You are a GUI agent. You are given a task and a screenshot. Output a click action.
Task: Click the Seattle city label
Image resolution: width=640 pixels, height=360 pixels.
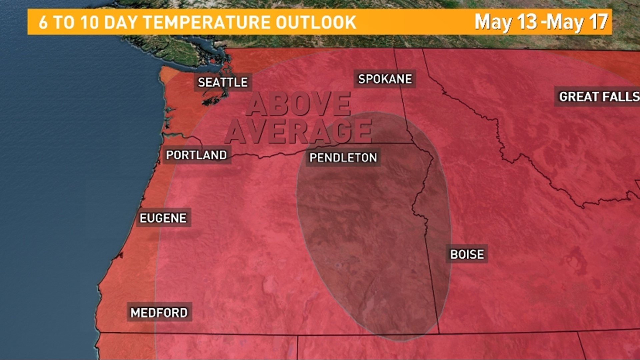pos(223,82)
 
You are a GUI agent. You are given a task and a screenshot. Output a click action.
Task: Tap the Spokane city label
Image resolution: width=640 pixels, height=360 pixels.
pos(385,79)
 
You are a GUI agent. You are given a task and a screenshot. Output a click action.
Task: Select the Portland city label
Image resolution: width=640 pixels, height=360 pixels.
pos(196,155)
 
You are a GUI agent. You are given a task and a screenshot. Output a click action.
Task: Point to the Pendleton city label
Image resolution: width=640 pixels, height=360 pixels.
pos(343,158)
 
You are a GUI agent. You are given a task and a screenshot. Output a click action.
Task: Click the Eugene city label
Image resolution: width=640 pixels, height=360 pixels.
pos(163,218)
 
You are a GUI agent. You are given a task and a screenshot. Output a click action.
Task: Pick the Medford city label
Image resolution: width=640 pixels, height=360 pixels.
pos(159,313)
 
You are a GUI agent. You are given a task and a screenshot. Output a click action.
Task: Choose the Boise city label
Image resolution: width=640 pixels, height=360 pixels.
pos(467,254)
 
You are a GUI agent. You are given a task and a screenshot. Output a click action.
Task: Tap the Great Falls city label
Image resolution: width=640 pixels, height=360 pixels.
pos(599,97)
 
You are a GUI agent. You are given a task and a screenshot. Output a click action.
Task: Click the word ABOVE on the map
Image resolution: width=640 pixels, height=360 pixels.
pos(299,104)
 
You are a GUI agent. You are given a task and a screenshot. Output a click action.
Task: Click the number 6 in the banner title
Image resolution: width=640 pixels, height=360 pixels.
pos(43,22)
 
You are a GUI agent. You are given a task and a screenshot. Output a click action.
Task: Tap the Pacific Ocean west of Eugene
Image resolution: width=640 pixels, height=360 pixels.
pos(67,217)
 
